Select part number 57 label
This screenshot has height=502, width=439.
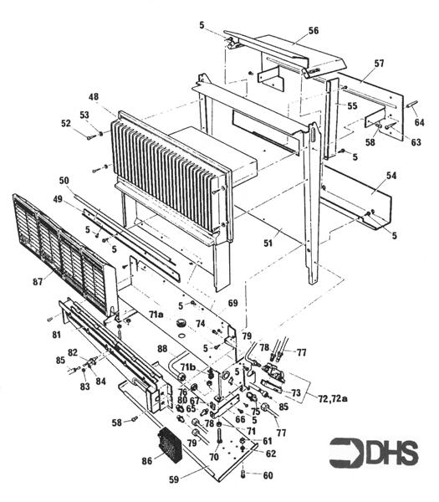tap(379, 64)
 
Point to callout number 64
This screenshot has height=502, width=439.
tap(419, 123)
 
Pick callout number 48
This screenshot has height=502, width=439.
tap(92, 97)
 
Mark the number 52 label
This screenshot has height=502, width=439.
tap(66, 125)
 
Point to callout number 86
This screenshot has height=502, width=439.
tap(147, 461)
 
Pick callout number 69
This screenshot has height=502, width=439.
tap(232, 301)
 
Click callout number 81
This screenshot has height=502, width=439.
tap(56, 334)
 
